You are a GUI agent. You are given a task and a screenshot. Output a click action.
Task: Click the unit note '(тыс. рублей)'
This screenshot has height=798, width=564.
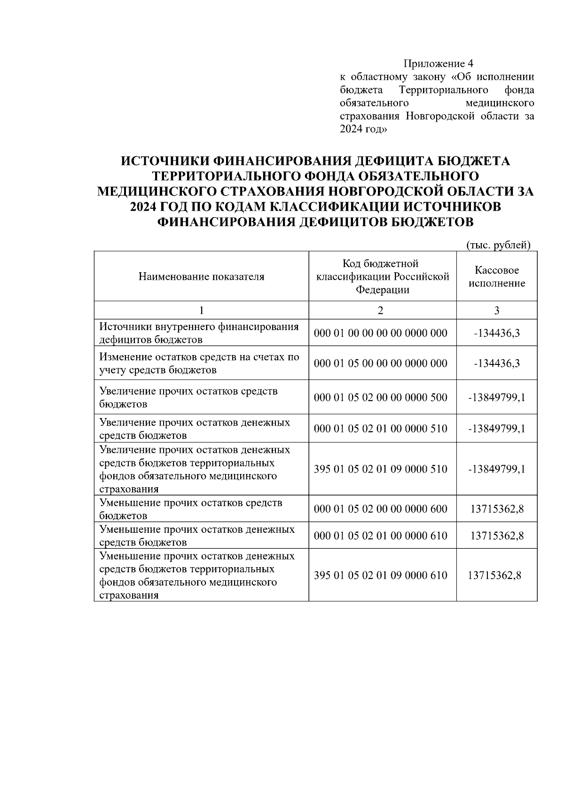(498, 245)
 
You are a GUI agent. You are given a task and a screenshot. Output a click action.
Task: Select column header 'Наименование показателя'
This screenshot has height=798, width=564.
(201, 277)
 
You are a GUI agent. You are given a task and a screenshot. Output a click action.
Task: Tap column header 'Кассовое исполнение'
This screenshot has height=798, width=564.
(497, 277)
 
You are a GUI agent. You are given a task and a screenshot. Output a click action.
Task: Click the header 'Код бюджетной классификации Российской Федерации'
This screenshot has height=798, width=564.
(383, 277)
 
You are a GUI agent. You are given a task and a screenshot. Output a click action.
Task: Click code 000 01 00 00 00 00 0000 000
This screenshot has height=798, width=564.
(381, 333)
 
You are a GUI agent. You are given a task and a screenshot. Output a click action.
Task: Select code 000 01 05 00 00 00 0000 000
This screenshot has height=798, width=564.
(381, 363)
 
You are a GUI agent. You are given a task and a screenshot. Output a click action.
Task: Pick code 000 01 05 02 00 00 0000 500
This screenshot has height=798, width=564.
(381, 397)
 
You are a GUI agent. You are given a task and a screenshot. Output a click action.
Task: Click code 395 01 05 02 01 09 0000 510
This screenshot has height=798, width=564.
(381, 469)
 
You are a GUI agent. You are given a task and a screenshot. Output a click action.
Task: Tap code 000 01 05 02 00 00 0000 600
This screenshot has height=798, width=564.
(381, 509)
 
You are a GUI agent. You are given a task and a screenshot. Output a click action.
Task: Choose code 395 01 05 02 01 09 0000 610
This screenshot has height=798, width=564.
(381, 575)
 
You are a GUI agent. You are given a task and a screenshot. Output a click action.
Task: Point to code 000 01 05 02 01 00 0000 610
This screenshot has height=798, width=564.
(381, 536)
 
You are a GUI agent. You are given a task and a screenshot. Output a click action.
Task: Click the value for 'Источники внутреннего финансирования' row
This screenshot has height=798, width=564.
(497, 333)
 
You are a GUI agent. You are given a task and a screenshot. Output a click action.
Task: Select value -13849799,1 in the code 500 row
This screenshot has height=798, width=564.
(497, 397)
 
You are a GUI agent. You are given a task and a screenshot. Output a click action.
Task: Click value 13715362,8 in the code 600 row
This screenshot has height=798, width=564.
(497, 509)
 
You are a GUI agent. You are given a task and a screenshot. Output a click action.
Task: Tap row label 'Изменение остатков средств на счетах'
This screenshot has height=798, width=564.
(199, 363)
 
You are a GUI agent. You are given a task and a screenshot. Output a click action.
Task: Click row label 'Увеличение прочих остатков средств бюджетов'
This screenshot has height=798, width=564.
(188, 397)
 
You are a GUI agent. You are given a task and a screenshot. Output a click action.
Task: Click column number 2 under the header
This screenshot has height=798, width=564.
(380, 310)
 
